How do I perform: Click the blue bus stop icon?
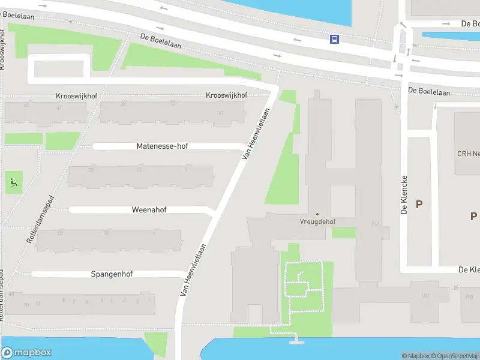[x=334, y=39]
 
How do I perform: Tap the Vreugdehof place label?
[x=317, y=221]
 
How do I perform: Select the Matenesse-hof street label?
[x=162, y=146]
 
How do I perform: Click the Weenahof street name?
[x=149, y=210]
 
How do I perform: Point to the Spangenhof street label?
[x=112, y=274]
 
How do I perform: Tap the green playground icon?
[x=13, y=181]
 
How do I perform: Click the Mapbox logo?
[x=26, y=353]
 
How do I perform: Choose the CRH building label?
[x=469, y=154]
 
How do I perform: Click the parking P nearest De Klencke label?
[x=419, y=204]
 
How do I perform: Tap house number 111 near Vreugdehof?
[x=376, y=224]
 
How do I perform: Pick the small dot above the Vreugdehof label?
[x=317, y=214]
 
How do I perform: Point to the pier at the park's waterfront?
[x=295, y=341]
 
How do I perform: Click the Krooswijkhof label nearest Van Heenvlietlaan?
[x=227, y=95]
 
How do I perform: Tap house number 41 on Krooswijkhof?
[x=59, y=107]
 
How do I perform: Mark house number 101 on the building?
[x=425, y=295]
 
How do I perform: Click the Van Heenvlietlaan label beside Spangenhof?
[x=194, y=270]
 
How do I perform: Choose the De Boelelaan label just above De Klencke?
[x=429, y=91]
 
